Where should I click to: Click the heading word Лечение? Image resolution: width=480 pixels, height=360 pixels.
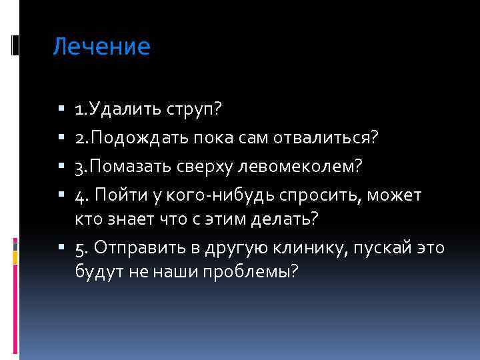coord(102,47)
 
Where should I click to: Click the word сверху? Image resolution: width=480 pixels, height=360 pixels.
coord(210,167)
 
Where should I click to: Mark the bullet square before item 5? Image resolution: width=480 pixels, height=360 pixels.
coord(61,247)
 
